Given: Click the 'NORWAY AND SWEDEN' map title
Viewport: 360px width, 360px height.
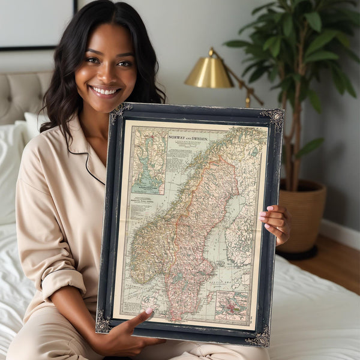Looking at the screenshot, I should (188, 138).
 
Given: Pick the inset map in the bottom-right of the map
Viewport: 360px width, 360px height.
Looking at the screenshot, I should (231, 305).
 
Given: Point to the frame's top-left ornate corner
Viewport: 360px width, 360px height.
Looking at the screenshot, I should (120, 112).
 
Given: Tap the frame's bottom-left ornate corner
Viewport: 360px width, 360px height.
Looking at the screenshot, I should (103, 322).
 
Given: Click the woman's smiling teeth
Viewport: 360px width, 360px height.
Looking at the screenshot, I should (106, 91).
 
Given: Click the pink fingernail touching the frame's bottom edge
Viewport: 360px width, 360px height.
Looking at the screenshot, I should (148, 311).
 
